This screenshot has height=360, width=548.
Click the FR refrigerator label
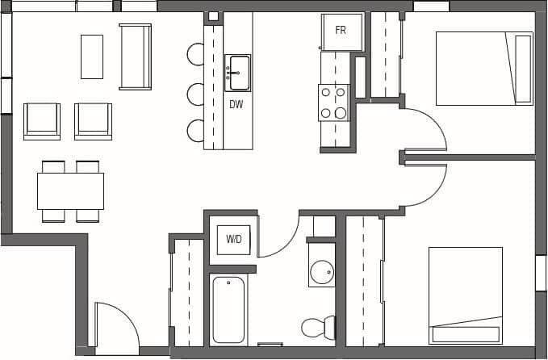pyautogui.click(x=341, y=30)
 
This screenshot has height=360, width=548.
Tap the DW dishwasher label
pyautogui.click(x=236, y=103)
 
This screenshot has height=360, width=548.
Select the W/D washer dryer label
pyautogui.click(x=233, y=240)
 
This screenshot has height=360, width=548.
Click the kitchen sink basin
pyautogui.click(x=237, y=73)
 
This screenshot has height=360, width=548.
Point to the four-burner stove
pyautogui.click(x=333, y=103)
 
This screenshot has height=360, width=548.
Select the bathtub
pyautogui.click(x=228, y=310)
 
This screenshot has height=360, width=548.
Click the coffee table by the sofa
pyautogui.click(x=92, y=57)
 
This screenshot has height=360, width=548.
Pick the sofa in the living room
pyautogui.click(x=135, y=57)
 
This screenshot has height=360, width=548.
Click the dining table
pyautogui.click(x=70, y=191)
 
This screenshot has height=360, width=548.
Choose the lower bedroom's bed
pyautogui.click(x=465, y=295)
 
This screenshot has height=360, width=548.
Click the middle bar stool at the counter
pyautogui.click(x=196, y=94)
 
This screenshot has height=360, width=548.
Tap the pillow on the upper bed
pyautogui.click(x=522, y=69)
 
